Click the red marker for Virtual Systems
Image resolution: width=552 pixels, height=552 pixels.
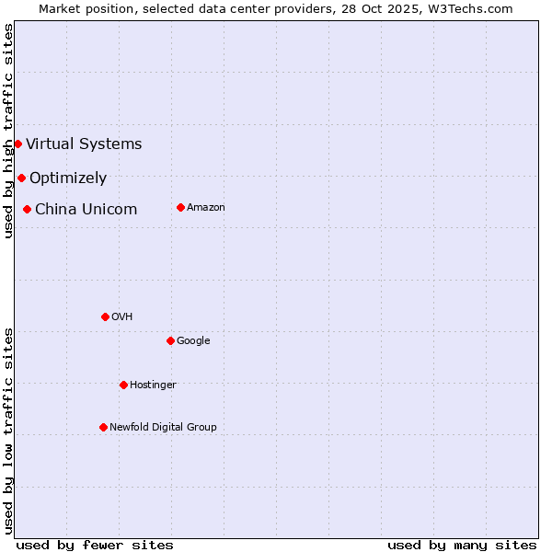pyautogui.click(x=17, y=144)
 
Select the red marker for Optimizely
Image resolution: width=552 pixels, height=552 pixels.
pyautogui.click(x=21, y=178)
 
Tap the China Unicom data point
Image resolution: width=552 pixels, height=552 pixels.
pyautogui.click(x=27, y=209)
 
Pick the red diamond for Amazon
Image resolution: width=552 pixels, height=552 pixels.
pyautogui.click(x=180, y=207)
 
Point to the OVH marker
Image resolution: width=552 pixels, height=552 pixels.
pyautogui.click(x=105, y=316)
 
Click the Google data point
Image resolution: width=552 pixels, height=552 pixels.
pyautogui.click(x=170, y=340)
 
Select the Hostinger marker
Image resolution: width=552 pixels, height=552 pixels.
pyautogui.click(x=123, y=385)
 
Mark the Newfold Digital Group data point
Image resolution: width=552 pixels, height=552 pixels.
pyautogui.click(x=103, y=427)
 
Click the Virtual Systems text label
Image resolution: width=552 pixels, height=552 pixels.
pyautogui.click(x=84, y=144)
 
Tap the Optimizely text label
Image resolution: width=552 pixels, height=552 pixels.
pyautogui.click(x=68, y=178)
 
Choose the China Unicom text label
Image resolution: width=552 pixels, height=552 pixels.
pyautogui.click(x=86, y=209)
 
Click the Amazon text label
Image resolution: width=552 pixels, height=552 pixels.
pyautogui.click(x=206, y=207)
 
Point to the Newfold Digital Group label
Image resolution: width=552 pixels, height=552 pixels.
pyautogui.click(x=163, y=427)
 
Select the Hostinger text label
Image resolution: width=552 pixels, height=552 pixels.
pyautogui.click(x=153, y=385)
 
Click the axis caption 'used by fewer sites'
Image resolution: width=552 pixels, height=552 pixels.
pyautogui.click(x=95, y=545)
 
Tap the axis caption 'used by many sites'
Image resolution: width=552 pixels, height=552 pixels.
pyautogui.click(x=462, y=545)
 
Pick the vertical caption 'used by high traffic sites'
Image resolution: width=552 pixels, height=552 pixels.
pyautogui.click(x=8, y=131)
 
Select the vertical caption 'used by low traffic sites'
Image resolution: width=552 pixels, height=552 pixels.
pyautogui.click(x=8, y=430)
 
